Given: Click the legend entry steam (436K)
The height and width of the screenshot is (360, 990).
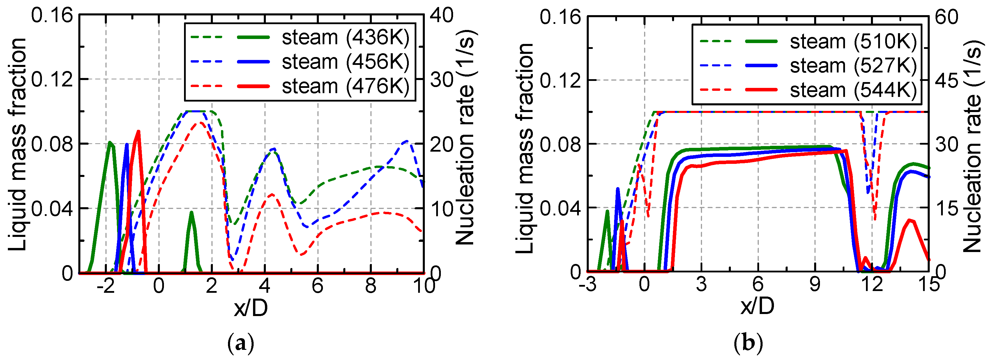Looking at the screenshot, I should click(x=345, y=38).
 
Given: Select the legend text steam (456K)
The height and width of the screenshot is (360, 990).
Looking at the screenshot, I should click(x=345, y=62).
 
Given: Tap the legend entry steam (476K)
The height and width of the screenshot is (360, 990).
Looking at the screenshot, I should click(x=345, y=86).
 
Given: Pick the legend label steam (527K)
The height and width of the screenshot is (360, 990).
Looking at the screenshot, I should click(x=853, y=66).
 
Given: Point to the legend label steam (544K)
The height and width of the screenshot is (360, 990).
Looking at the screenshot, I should click(x=853, y=90).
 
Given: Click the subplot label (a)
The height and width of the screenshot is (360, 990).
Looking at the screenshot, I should click(x=241, y=343).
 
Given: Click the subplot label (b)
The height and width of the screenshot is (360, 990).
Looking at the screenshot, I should click(x=748, y=343).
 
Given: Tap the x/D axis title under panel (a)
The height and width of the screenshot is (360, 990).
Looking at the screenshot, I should click(x=251, y=308).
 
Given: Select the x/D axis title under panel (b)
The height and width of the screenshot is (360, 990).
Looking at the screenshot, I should click(x=757, y=306).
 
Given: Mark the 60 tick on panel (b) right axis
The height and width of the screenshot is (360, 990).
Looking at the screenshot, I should click(x=947, y=17).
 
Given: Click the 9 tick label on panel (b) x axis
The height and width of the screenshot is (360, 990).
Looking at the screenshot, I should click(x=815, y=285).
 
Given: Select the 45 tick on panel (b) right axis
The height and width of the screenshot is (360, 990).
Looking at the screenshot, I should click(x=947, y=81).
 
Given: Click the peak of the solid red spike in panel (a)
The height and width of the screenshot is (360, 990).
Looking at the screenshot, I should click(x=138, y=132).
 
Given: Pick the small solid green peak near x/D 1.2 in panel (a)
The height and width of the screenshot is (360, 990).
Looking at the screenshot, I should click(x=191, y=212).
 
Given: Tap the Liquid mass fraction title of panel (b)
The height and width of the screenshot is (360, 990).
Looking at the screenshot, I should click(x=525, y=148).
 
